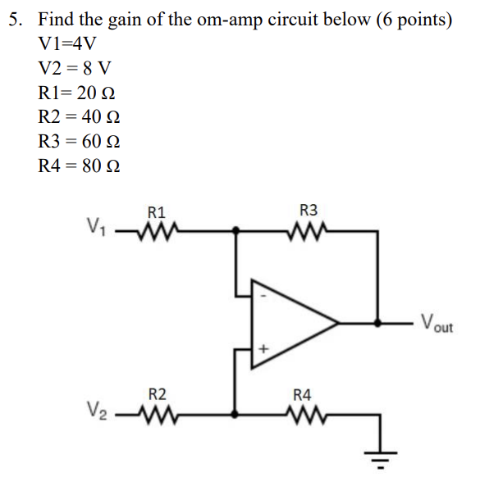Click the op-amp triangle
point(291,322)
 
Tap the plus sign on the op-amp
point(263,349)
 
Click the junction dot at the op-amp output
point(378,322)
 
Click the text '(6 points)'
point(414,19)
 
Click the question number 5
point(15,19)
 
